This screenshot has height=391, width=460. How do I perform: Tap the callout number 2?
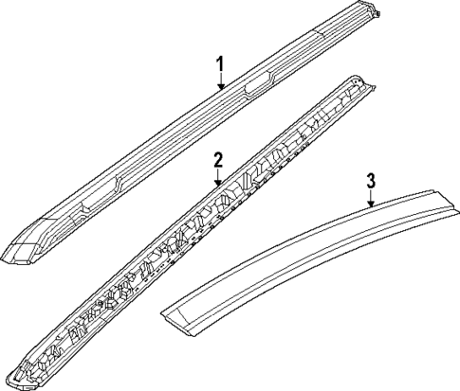(217, 158)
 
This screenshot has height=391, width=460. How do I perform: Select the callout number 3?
(372, 180)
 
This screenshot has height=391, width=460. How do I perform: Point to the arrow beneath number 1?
(220, 81)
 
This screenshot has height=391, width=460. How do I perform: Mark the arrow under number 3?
(372, 197)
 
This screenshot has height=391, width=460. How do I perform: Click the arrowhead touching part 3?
(372, 204)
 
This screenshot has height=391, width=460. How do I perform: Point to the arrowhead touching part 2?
(217, 183)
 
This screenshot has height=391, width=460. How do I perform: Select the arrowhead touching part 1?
(220, 89)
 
